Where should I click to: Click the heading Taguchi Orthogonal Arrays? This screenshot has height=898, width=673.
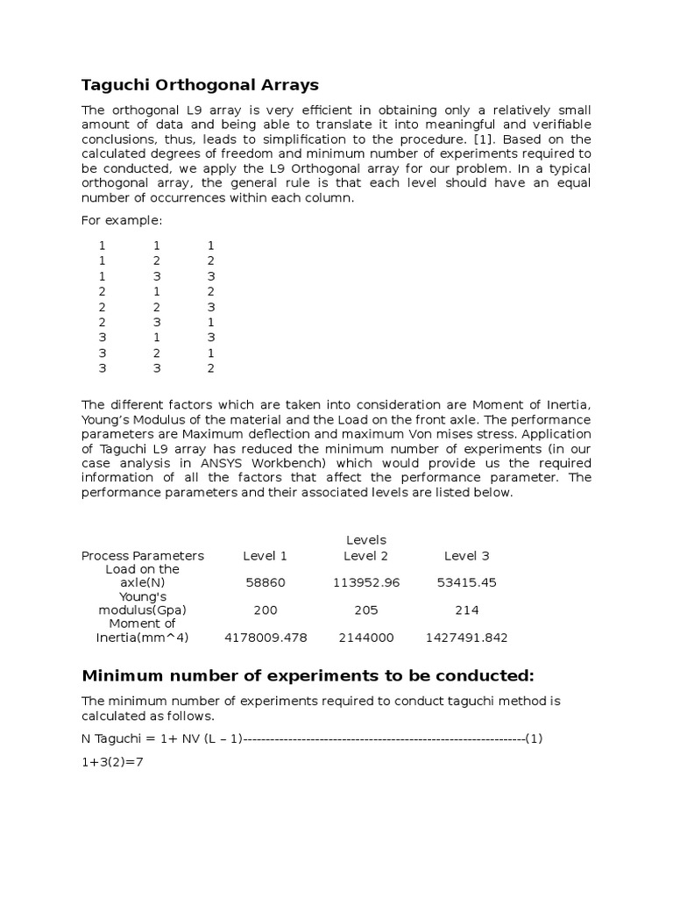click(x=200, y=85)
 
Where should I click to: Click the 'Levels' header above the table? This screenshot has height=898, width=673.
click(x=365, y=539)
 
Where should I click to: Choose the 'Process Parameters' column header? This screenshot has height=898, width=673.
click(x=142, y=555)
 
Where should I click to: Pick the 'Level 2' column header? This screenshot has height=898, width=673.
click(x=365, y=555)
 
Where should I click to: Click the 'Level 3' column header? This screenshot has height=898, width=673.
click(x=466, y=555)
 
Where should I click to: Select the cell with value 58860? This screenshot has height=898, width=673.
click(x=265, y=582)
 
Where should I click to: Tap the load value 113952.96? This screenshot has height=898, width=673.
click(x=365, y=582)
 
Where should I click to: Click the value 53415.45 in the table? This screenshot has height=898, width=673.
click(x=466, y=582)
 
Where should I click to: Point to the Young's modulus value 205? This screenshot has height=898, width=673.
click(x=365, y=609)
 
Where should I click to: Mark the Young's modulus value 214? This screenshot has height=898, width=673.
click(x=466, y=609)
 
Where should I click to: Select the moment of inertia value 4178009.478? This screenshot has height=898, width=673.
click(x=265, y=638)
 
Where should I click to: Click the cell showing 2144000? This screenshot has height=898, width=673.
click(x=365, y=638)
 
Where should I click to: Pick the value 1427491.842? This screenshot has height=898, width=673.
click(x=466, y=638)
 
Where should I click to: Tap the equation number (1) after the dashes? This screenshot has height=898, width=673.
click(x=534, y=738)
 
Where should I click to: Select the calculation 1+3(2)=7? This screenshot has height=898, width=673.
click(x=112, y=762)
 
